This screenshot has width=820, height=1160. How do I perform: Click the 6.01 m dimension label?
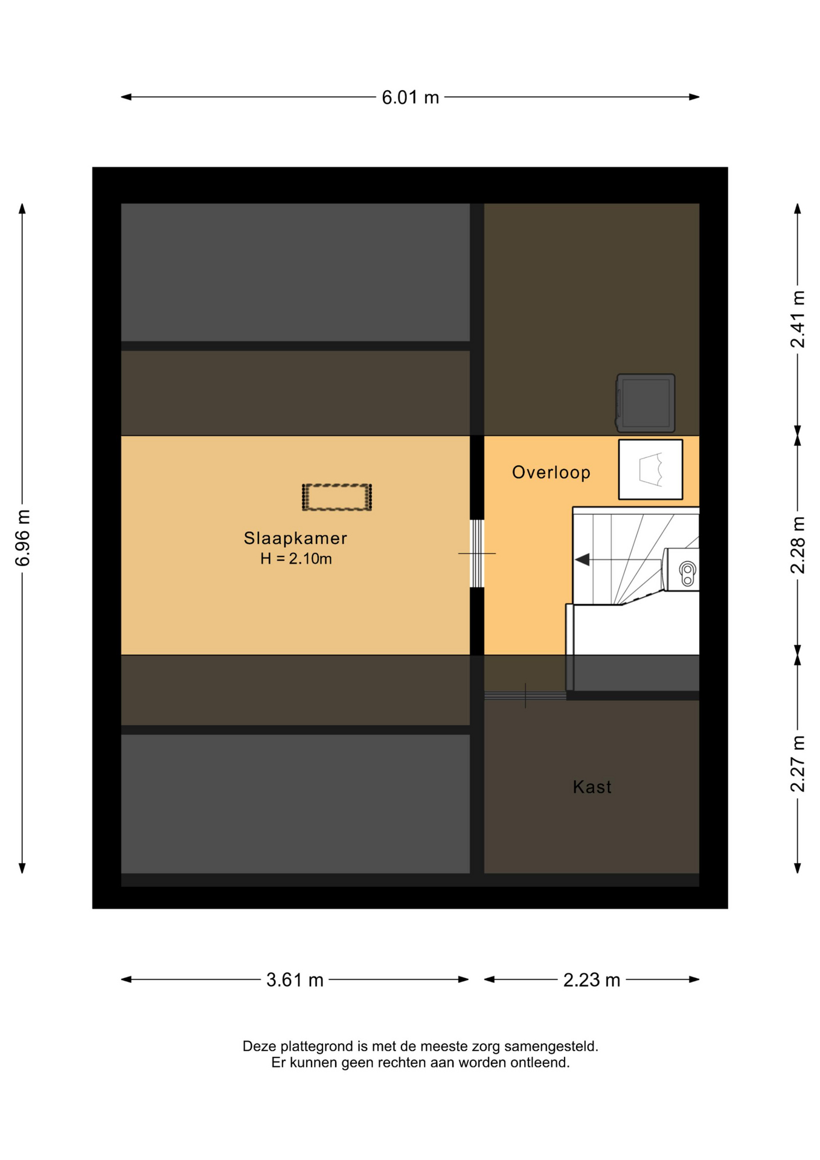410,97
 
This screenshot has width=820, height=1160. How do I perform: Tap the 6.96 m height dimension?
22,538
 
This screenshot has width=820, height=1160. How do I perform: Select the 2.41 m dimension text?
798,319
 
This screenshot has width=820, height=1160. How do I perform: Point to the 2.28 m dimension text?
798,545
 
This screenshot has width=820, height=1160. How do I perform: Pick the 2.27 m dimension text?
798,764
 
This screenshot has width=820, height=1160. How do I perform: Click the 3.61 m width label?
295,979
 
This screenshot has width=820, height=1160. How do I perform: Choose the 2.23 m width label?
592,979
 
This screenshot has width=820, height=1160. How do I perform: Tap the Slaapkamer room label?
295,538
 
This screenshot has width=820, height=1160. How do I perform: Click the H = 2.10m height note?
296,559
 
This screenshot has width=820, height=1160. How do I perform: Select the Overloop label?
551,472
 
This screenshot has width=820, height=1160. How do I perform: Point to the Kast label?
592,787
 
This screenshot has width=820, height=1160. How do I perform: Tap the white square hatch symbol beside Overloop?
650,469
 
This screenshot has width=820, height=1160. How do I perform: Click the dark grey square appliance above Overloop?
645,403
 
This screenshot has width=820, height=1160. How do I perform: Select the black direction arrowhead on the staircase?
582,560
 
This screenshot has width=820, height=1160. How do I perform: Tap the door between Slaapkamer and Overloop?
477,553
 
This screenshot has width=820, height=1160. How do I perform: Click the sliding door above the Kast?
525,696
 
